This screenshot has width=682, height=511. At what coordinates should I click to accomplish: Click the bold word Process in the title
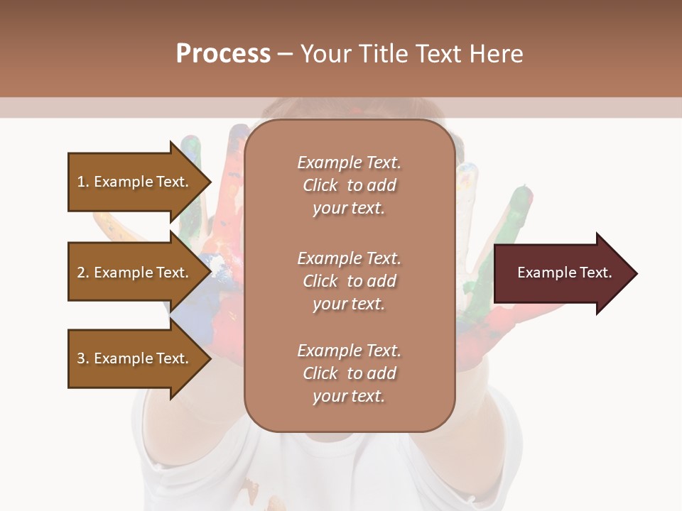click(x=223, y=54)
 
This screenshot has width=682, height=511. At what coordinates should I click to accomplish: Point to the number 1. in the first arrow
click(x=83, y=182)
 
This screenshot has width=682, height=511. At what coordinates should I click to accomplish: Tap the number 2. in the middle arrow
click(x=83, y=273)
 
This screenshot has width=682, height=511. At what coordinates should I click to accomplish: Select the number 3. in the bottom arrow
click(x=83, y=358)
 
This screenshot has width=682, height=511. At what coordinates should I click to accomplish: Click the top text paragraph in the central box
click(x=349, y=185)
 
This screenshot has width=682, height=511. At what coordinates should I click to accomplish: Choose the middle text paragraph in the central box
click(x=349, y=281)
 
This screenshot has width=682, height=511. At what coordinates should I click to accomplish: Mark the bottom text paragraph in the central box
click(x=349, y=373)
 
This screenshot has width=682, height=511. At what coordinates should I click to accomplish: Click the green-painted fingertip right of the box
click(x=523, y=194)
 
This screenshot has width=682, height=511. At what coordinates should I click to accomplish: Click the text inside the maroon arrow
click(x=565, y=273)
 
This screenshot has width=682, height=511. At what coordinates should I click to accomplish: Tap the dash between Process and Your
click(x=285, y=55)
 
